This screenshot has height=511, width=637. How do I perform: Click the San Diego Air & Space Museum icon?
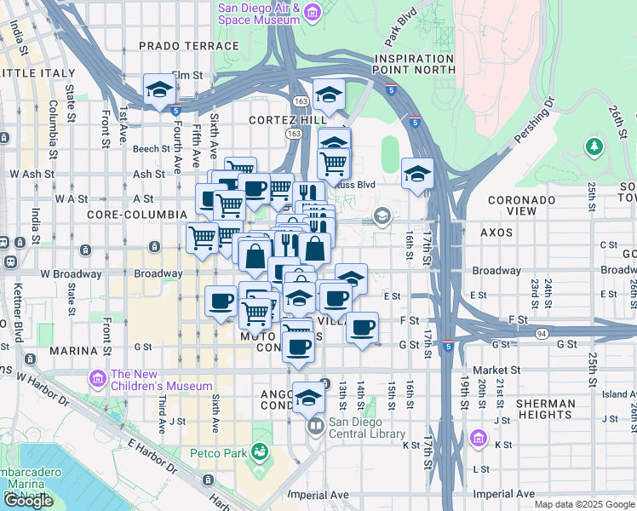point(312,12)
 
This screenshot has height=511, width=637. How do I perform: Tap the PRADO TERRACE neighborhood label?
point(188,46)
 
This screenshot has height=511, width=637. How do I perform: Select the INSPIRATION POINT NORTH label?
point(414,64)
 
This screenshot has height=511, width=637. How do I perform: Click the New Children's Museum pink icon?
point(98,377)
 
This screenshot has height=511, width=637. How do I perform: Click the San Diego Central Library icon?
point(316,425)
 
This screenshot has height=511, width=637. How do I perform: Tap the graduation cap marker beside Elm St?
point(159,90)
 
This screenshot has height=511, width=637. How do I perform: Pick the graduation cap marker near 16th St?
point(417,174)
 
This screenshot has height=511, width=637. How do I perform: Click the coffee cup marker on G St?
point(299,347)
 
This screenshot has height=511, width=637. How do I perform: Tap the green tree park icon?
point(594,147)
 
